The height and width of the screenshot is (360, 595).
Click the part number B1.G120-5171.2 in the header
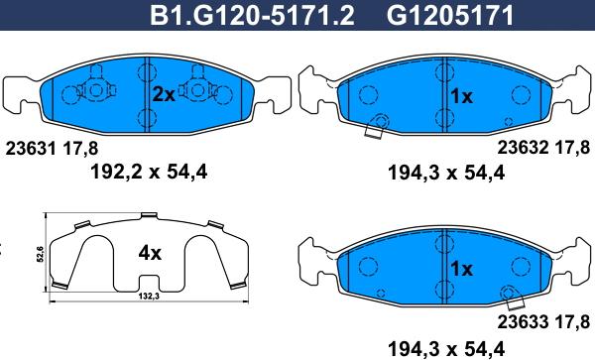point(252,16)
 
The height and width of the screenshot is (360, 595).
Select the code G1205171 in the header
point(450,16)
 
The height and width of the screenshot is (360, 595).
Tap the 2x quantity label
point(164,95)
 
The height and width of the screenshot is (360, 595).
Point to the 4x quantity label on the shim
point(150,253)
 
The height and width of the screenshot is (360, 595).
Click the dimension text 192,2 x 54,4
point(149,173)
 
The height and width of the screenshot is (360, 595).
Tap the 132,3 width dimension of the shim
point(149,297)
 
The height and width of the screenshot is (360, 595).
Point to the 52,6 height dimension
point(41,254)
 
